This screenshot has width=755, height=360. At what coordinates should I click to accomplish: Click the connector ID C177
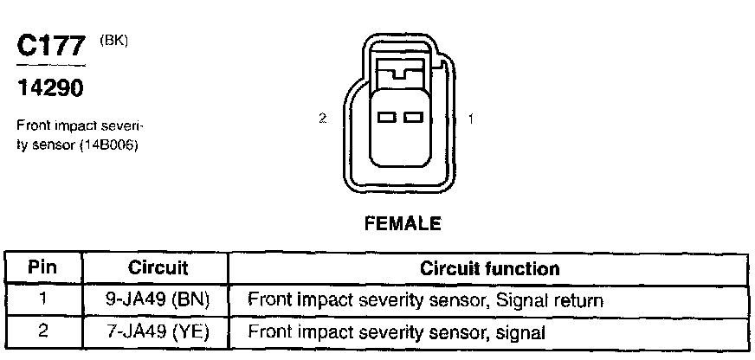pos(51,48)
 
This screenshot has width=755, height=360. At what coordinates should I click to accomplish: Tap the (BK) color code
pos(114,40)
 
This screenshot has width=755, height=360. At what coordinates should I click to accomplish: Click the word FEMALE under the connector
pos(403,223)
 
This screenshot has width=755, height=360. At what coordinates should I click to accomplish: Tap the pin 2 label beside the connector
pos(322,119)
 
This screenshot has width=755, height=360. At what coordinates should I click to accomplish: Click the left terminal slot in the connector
pos(386,116)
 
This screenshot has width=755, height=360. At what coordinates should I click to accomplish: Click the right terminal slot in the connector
pos(413,116)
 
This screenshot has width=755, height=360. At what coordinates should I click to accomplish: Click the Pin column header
pos(42,268)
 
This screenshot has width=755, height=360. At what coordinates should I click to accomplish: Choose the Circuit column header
pos(158,268)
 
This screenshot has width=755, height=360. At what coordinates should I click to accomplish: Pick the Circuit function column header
pos(489,268)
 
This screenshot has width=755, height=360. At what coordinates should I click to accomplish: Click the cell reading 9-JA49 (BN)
pos(158,300)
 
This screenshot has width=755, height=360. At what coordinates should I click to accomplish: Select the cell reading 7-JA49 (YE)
pos(158,331)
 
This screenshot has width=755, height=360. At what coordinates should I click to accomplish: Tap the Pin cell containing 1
pos(42,300)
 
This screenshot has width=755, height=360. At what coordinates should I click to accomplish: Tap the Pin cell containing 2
pos(42,331)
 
